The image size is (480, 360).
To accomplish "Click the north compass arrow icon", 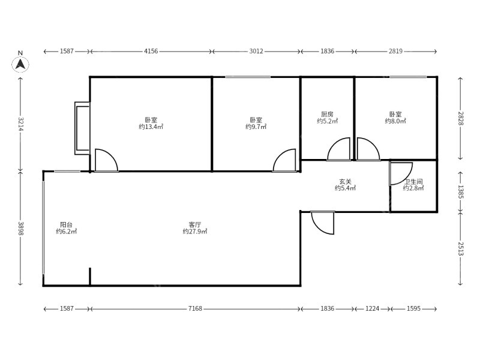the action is pyautogui.click(x=20, y=64).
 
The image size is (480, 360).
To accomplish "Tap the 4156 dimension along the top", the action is pyautogui.click(x=151, y=51).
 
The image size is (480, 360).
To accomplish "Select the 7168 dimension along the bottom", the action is pyautogui.click(x=195, y=308).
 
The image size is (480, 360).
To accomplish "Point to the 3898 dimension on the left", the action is pyautogui.click(x=20, y=229).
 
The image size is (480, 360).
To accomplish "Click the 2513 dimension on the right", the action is pyautogui.click(x=461, y=248).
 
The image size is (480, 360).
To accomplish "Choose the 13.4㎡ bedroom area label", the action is pyautogui.click(x=151, y=127).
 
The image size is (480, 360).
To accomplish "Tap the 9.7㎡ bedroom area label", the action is pyautogui.click(x=256, y=127).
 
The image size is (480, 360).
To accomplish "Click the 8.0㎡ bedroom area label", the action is pyautogui.click(x=395, y=121).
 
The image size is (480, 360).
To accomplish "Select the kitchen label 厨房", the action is pyautogui.click(x=327, y=115).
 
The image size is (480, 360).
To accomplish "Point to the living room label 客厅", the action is pyautogui.click(x=195, y=224).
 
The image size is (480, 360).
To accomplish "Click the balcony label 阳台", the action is pyautogui.click(x=66, y=224).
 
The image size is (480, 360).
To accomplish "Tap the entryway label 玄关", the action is pyautogui.click(x=346, y=182).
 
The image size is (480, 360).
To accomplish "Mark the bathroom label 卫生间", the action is pyautogui.click(x=413, y=182).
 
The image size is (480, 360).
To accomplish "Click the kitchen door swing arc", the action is pyautogui.click(x=334, y=145).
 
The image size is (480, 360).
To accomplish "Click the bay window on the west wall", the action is pyautogui.click(x=82, y=128).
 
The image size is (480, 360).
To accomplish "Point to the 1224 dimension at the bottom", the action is pyautogui.click(x=372, y=308).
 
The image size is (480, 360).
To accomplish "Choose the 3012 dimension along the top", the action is pyautogui.click(x=256, y=51).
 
